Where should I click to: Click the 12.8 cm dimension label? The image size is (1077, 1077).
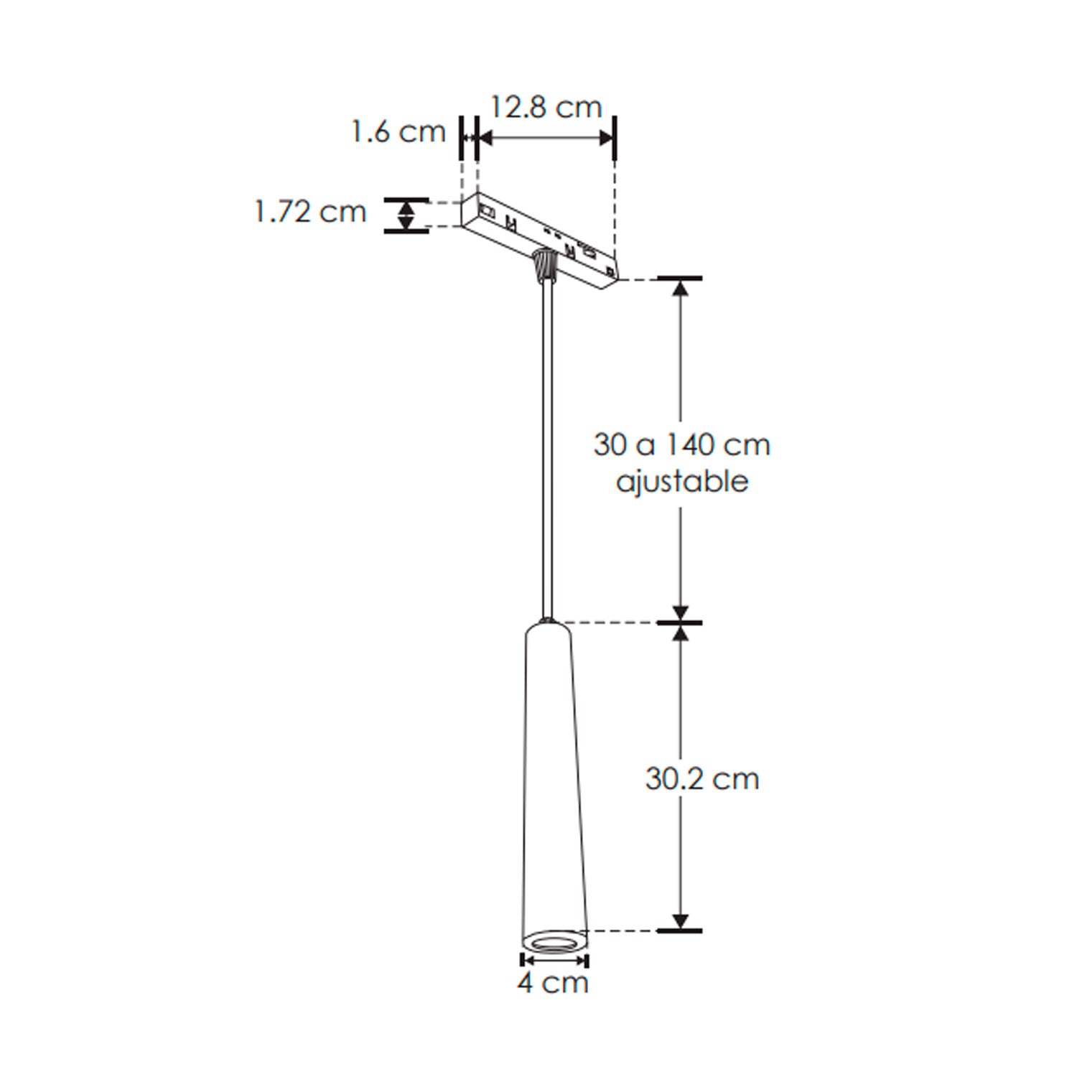coord(546,108)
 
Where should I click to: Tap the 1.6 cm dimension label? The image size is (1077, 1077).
coord(398,132)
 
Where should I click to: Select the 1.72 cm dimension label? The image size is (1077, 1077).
coord(310,212)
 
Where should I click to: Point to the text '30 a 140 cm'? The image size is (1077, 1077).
coord(681,445)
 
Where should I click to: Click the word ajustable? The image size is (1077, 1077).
coord(681,482)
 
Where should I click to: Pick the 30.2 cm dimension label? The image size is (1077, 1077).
coord(701,779)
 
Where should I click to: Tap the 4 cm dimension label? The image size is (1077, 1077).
coord(553,982)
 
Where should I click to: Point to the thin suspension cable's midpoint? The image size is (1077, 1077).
coord(548,445)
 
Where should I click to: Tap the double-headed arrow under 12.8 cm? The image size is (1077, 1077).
coord(546,138)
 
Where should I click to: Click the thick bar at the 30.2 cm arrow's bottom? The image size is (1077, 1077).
coord(680,931)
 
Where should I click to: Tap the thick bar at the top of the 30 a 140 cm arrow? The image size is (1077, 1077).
coord(680,278)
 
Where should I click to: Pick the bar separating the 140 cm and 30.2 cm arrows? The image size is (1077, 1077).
coord(680,623)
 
